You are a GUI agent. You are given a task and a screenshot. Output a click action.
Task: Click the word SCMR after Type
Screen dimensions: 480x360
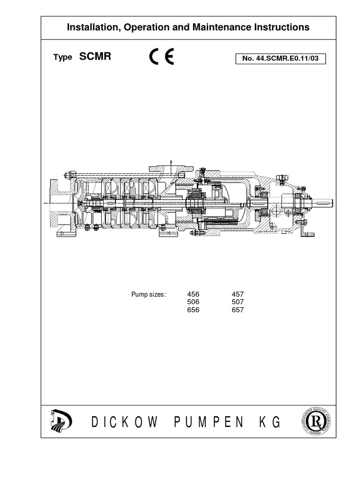[95, 57]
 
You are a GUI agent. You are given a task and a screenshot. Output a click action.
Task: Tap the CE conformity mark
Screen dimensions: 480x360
[162, 57]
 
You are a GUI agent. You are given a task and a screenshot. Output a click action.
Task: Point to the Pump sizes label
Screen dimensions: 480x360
[149, 295]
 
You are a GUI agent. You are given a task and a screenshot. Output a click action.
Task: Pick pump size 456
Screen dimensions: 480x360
[193, 295]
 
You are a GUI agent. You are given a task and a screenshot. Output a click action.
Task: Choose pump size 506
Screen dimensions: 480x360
[193, 302]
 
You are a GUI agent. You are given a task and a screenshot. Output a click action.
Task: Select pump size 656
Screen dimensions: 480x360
[193, 310]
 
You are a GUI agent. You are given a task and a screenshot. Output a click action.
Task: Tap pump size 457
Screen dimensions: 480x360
[238, 295]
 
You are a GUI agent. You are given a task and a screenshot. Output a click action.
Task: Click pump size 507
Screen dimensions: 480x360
[238, 302]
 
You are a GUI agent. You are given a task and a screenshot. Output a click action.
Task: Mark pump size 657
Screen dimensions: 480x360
[238, 310]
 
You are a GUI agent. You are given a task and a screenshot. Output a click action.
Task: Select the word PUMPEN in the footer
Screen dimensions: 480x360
[209, 422]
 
